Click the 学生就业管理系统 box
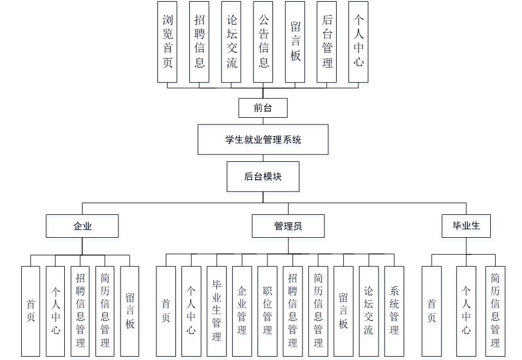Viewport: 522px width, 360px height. click(x=263, y=140)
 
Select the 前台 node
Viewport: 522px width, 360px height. click(x=263, y=108)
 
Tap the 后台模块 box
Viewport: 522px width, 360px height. click(x=263, y=177)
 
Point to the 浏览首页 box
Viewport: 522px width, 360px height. click(x=167, y=41)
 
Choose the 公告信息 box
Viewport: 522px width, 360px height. click(x=263, y=41)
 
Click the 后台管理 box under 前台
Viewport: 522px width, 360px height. click(x=327, y=41)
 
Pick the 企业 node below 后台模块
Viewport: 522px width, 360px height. click(x=82, y=226)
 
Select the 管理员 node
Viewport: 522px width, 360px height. click(x=288, y=226)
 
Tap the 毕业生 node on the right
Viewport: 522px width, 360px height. click(x=466, y=226)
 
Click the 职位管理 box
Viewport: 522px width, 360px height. click(x=267, y=311)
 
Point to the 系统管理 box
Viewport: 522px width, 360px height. click(x=394, y=311)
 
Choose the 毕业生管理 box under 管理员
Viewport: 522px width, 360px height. click(x=217, y=311)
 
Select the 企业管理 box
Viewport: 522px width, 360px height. click(x=242, y=311)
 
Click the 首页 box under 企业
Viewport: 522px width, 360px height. click(x=31, y=311)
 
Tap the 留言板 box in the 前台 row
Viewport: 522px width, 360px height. click(x=295, y=41)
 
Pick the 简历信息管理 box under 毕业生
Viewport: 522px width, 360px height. click(x=495, y=311)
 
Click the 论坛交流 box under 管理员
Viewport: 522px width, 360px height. click(x=368, y=311)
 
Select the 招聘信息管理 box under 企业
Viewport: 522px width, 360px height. click(x=80, y=311)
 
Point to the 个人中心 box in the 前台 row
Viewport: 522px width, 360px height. click(x=358, y=41)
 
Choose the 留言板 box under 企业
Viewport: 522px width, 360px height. click(x=130, y=311)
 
